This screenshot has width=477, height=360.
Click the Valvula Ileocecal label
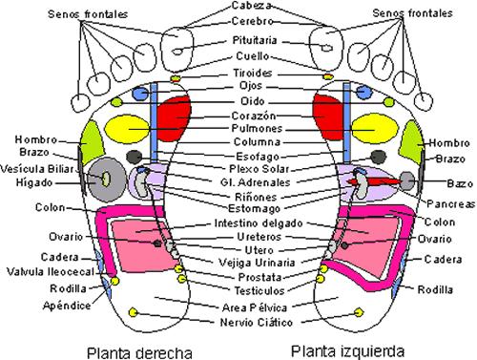(x=43, y=271)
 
